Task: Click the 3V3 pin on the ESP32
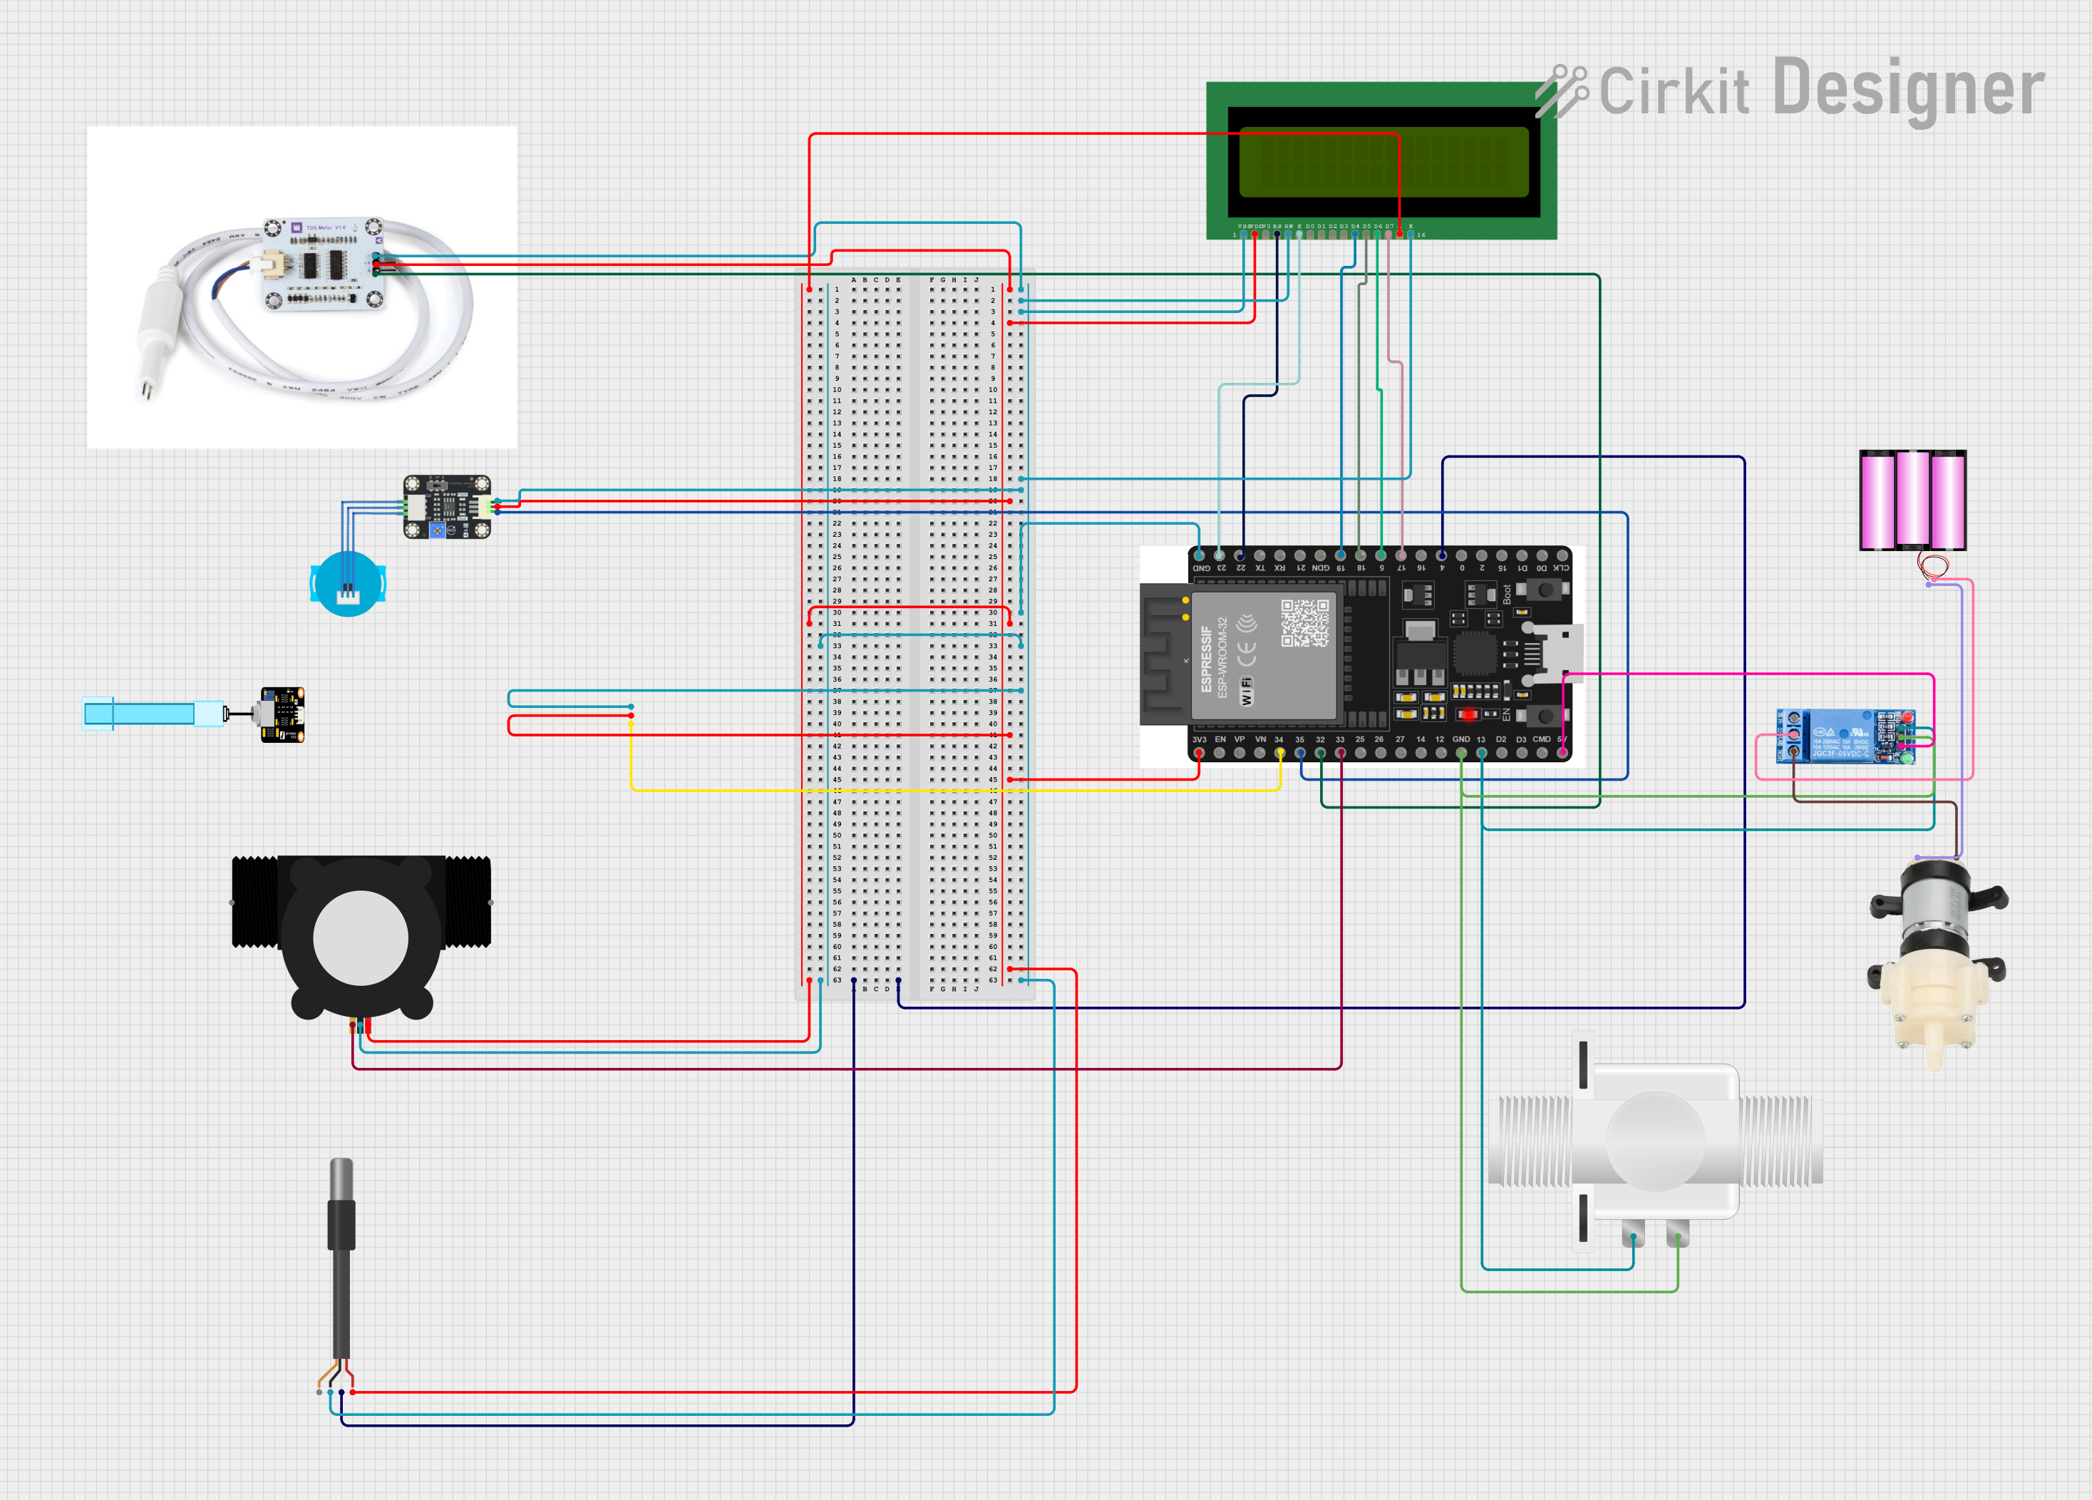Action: tap(1199, 753)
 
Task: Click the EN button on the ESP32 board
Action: tap(1545, 716)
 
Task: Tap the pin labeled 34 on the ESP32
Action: tap(1279, 753)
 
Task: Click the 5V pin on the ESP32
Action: tap(1562, 753)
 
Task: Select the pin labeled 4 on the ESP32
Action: tap(1442, 555)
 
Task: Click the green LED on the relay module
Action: tap(1907, 759)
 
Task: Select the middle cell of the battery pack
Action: tap(1912, 499)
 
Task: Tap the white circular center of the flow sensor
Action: tap(361, 938)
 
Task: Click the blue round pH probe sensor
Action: tap(348, 584)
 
